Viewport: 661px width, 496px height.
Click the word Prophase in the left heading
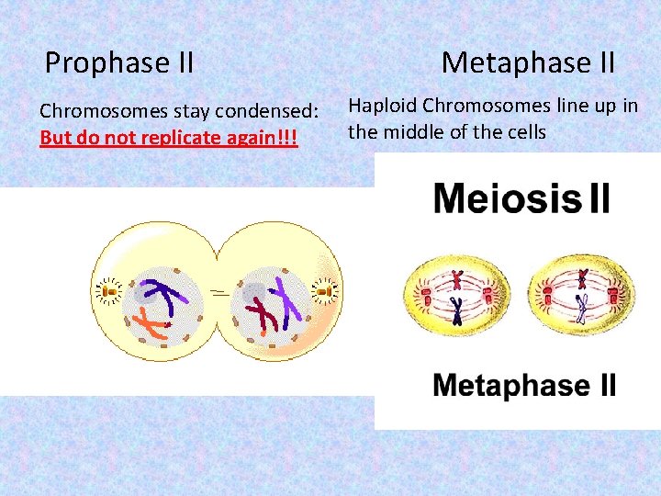102,63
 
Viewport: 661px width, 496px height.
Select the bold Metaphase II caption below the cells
524,385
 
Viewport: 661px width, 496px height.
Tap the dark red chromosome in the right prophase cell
264,311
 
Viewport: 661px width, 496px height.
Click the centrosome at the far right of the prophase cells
324,293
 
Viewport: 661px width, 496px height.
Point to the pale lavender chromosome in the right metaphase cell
580,311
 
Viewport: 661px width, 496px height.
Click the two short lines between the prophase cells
218,291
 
